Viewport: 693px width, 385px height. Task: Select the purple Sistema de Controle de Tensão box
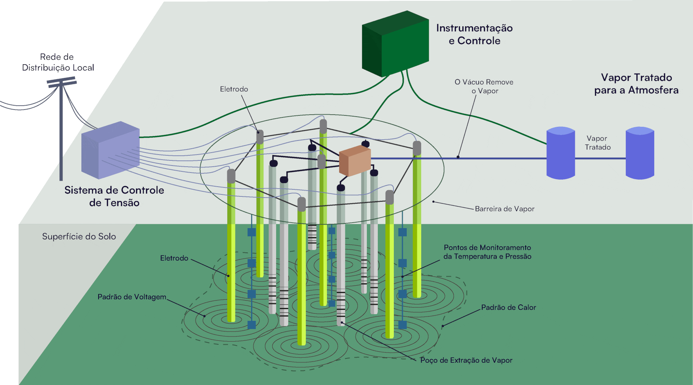(111, 150)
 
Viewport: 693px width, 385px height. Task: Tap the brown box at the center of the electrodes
(355, 161)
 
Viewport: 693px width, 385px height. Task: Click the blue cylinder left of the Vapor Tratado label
(560, 153)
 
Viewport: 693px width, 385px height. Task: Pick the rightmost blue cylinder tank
(640, 153)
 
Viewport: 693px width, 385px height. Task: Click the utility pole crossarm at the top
(61, 82)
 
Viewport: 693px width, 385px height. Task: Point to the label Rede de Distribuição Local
(58, 62)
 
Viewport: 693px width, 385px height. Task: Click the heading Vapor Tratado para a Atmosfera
(636, 84)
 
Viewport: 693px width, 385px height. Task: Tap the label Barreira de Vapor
(504, 209)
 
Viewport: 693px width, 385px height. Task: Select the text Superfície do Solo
(79, 236)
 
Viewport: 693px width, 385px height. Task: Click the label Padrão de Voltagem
(132, 297)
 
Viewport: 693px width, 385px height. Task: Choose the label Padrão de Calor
(508, 308)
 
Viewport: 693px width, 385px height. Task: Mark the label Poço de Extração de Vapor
(466, 360)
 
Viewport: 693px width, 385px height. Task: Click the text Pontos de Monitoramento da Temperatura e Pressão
(487, 252)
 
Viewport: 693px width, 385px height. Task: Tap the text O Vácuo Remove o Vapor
(484, 86)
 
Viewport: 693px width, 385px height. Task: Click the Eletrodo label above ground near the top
(234, 89)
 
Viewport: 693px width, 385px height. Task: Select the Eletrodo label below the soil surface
(174, 258)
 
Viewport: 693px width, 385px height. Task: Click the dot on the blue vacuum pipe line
(458, 157)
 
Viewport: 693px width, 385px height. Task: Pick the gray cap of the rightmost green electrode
(417, 148)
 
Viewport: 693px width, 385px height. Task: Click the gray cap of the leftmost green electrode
(231, 176)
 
